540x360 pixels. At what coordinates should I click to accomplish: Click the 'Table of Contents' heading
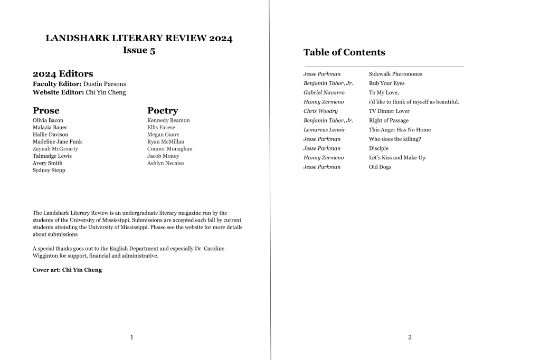click(344, 52)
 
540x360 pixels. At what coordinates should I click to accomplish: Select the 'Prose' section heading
click(46, 111)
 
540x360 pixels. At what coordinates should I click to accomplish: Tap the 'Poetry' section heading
click(163, 111)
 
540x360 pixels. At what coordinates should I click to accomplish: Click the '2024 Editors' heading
click(63, 74)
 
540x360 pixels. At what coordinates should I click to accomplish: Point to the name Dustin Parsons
click(105, 84)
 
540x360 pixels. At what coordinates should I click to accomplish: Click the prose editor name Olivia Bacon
click(48, 120)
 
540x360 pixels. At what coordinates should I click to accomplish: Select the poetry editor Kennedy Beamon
click(168, 120)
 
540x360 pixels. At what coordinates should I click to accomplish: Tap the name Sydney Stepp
click(49, 170)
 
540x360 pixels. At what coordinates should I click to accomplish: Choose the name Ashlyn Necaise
click(165, 163)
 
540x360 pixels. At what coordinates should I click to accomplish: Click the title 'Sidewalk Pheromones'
click(395, 74)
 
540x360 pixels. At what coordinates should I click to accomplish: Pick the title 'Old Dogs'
click(380, 167)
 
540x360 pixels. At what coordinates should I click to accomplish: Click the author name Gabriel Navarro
click(324, 92)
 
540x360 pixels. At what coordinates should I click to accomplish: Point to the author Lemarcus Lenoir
click(325, 130)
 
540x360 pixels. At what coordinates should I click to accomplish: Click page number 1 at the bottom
click(131, 337)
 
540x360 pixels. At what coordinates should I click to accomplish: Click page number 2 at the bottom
click(410, 337)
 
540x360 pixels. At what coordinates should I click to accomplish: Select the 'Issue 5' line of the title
click(139, 51)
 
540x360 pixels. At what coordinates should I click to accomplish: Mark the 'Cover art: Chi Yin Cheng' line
click(67, 270)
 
